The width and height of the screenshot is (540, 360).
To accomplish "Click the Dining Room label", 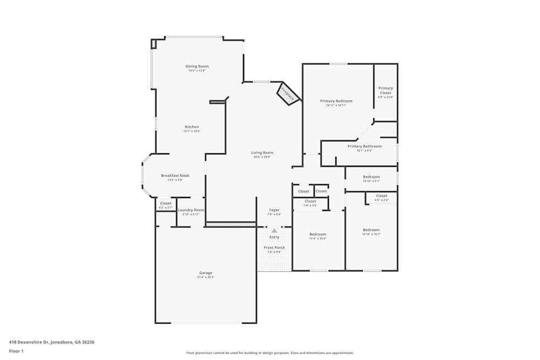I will tap(197, 66).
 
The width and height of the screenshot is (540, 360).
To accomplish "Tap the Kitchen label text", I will tap(192, 127).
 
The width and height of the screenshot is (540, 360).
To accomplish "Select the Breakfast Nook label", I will tap(175, 175).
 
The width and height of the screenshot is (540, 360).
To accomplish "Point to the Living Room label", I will tap(262, 153).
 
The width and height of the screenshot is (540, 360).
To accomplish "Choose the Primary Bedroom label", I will tap(336, 101).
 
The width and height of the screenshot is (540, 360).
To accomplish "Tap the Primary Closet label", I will tap(386, 90).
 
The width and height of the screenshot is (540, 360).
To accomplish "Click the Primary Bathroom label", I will tap(364, 146).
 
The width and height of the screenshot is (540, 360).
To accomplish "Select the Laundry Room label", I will tap(191, 210).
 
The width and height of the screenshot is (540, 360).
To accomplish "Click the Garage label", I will tap(206, 273).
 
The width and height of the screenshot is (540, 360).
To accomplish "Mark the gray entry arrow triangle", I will tap(274, 230).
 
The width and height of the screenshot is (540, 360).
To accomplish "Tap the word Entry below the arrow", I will tap(274, 237).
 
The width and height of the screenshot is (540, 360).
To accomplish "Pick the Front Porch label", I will tap(274, 248).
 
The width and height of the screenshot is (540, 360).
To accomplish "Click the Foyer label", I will tap(274, 210).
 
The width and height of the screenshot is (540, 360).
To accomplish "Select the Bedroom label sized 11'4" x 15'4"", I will tap(318, 234).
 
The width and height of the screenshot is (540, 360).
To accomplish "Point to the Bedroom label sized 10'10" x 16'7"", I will tap(371, 230).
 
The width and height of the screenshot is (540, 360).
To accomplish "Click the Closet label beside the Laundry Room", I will tap(166, 203).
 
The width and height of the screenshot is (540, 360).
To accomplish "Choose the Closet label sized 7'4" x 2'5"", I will tap(310, 201).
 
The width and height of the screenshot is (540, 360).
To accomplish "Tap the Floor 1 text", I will tap(16, 351).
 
